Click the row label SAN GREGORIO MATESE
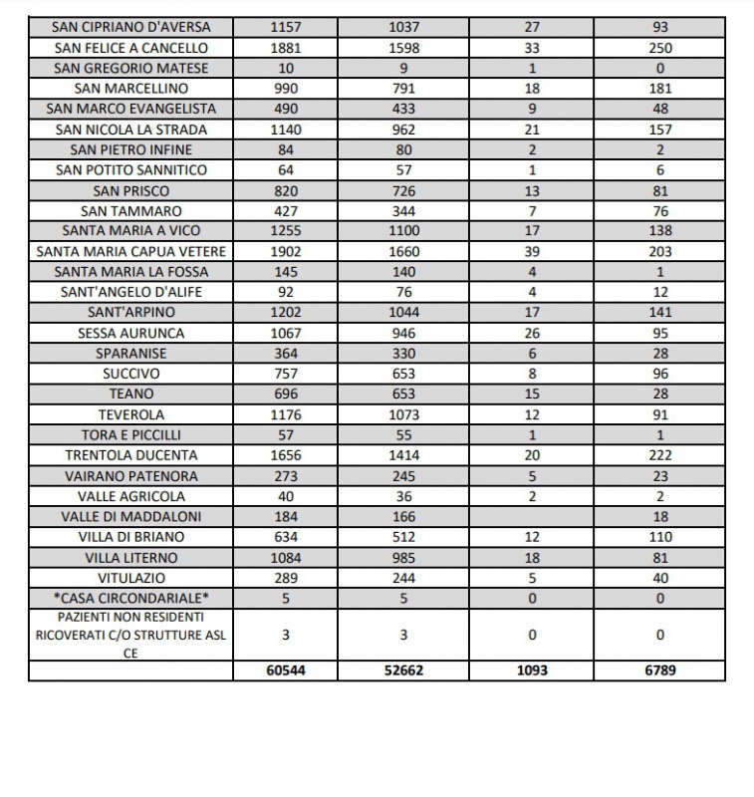pos(130,68)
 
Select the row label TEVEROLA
pos(130,414)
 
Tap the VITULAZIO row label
pos(130,578)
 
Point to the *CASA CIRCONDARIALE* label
pos(130,599)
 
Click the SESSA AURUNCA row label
pos(130,333)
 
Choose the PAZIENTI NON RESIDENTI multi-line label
pos(130,635)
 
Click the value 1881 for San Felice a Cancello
pos(286,48)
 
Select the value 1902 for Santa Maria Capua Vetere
pos(286,251)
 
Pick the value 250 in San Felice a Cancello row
pos(659,48)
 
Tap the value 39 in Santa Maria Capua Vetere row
pos(532,251)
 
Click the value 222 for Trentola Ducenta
pos(659,455)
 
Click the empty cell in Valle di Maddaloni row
pos(532,516)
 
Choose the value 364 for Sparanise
pos(286,354)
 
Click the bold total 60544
pos(286,670)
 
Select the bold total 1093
pos(532,670)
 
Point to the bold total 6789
pos(659,670)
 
